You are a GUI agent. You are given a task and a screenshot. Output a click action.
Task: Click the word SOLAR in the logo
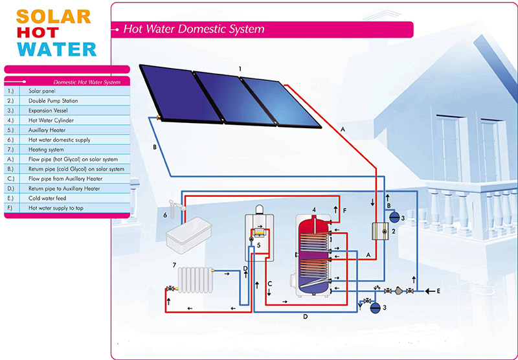(49, 16)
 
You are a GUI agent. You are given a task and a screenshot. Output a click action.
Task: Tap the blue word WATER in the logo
(57, 49)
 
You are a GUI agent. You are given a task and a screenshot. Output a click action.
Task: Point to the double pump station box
(380, 231)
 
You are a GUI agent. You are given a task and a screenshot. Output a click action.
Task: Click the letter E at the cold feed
(438, 291)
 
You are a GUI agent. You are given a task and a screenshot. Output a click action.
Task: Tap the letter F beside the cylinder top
(344, 210)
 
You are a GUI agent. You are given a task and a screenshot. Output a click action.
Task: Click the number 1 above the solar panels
(240, 68)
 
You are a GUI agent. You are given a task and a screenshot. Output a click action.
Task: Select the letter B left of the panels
(154, 148)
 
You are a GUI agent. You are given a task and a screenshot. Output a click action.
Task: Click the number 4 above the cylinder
(313, 210)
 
